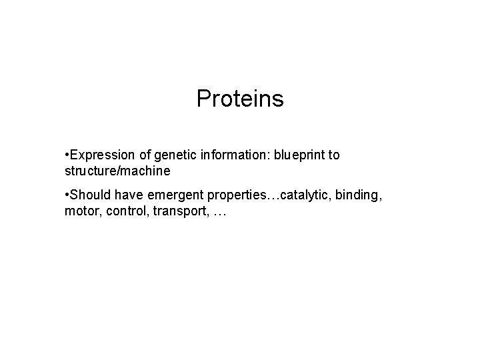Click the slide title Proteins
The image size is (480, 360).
pos(240,99)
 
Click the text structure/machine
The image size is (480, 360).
pos(117,171)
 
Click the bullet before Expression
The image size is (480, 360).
pos(67,155)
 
